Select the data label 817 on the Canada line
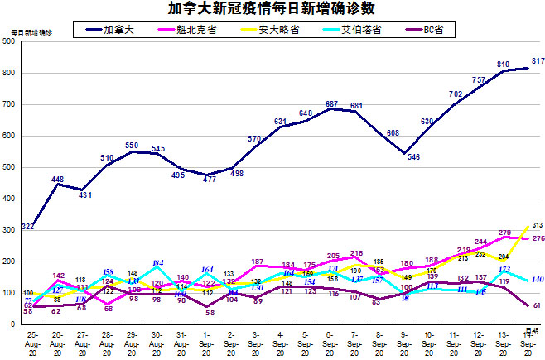537,61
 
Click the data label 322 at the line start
27,226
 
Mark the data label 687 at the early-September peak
331,103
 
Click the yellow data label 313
536,224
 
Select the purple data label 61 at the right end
536,305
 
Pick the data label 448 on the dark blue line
57,179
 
